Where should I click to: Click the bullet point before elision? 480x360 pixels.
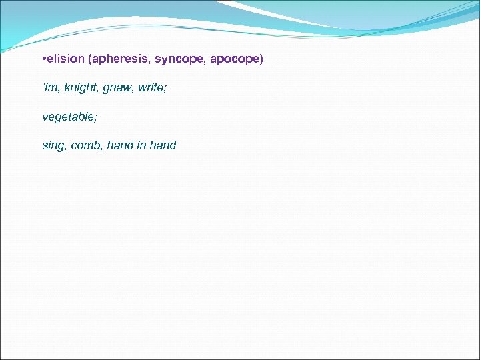[43, 59]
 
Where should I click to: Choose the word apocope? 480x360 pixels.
[235, 59]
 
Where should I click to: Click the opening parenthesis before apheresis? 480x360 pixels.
[89, 59]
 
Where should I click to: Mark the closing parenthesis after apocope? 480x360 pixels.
[261, 59]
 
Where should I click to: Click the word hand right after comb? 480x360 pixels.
[120, 145]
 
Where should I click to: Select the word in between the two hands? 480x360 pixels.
[142, 145]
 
